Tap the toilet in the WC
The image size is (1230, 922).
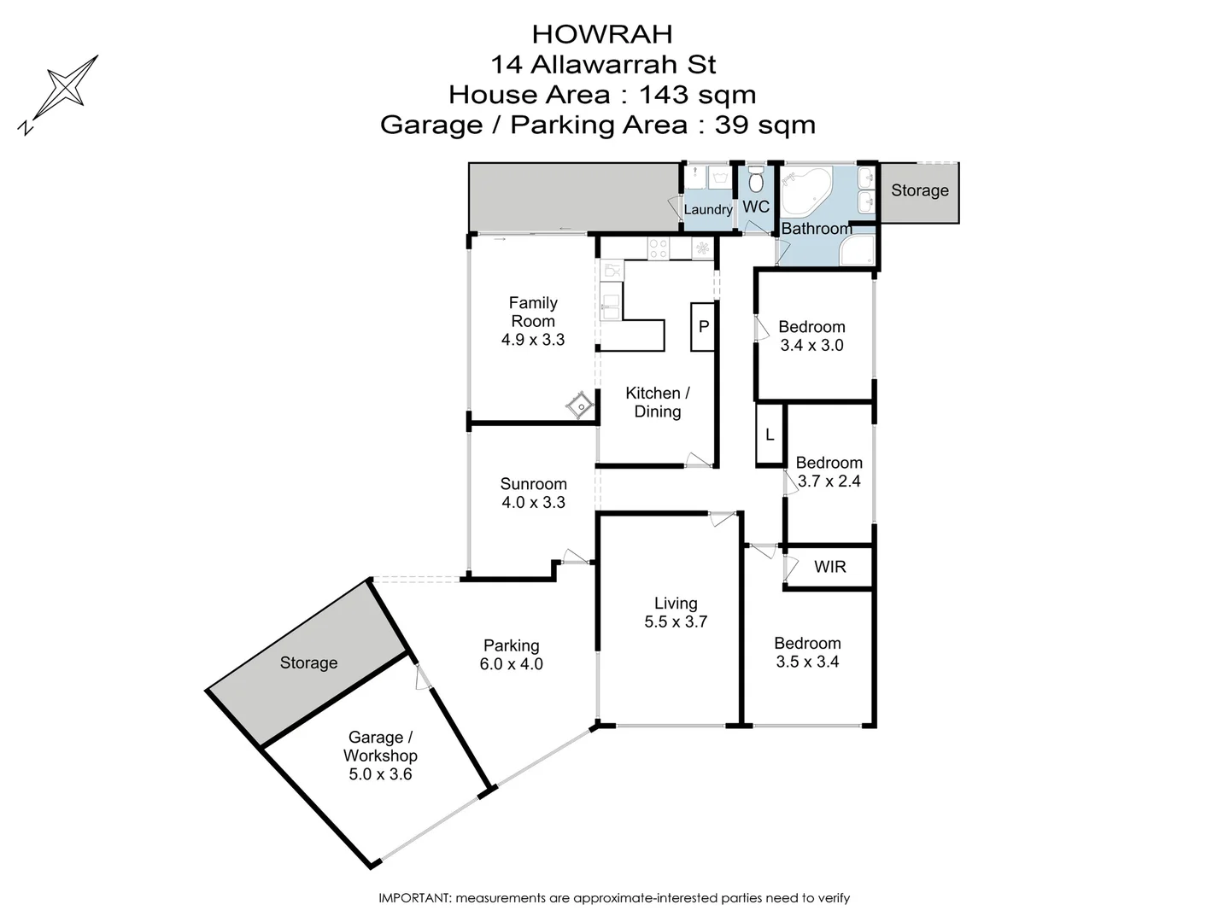(x=755, y=180)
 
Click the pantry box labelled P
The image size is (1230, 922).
(x=703, y=327)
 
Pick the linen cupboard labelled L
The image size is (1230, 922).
(x=770, y=435)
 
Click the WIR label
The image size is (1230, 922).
(x=829, y=567)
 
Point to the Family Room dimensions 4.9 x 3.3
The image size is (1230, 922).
(x=533, y=340)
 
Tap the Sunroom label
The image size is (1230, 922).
(x=533, y=484)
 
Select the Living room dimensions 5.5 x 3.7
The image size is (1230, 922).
(x=676, y=622)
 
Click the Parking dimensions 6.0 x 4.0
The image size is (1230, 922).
(x=512, y=664)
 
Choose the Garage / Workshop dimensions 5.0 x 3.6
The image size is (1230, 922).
(x=380, y=774)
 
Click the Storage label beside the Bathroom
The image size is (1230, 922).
(x=919, y=190)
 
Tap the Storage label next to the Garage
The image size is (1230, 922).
(x=308, y=663)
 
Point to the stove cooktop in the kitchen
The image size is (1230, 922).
(x=659, y=248)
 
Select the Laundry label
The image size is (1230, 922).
(x=708, y=210)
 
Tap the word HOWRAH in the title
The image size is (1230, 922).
(x=602, y=34)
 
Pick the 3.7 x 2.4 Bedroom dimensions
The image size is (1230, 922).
(x=829, y=481)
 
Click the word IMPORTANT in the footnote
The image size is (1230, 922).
(x=413, y=898)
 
